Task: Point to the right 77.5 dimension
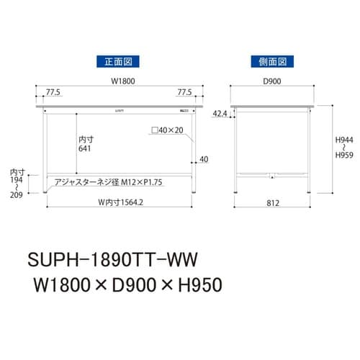[x=184, y=92]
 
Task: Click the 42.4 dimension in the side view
[x=221, y=113]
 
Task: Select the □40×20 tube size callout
[x=168, y=131]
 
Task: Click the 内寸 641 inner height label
[x=86, y=143]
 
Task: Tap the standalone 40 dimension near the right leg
[x=204, y=159]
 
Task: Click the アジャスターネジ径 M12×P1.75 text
[x=107, y=182]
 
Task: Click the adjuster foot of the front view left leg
[x=47, y=192]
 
